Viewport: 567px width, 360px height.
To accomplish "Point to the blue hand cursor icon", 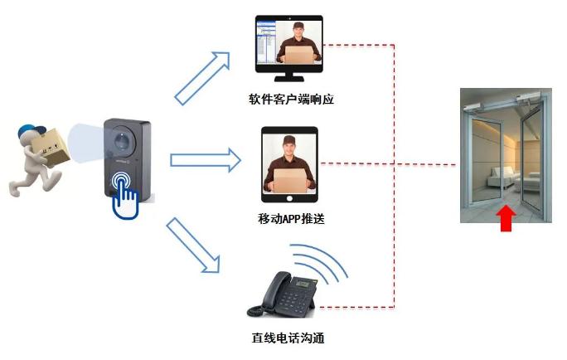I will [124, 194].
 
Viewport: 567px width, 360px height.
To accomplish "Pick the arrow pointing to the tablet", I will [203, 160].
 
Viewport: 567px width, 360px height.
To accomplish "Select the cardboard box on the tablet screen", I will [289, 180].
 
